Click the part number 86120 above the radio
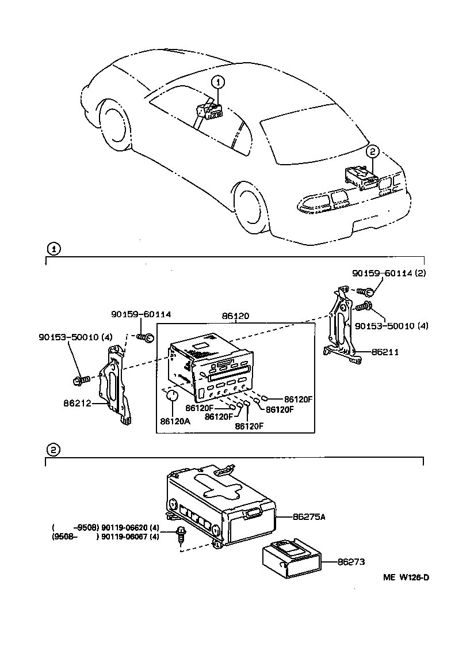pos(236,317)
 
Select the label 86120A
pos(175,421)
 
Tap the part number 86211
pos(385,351)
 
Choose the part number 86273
pos(351,561)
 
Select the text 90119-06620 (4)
pos(130,527)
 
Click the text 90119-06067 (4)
pos(130,537)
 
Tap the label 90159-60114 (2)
pos(388,274)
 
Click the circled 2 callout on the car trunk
pos(373,152)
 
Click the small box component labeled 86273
pos(291,558)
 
